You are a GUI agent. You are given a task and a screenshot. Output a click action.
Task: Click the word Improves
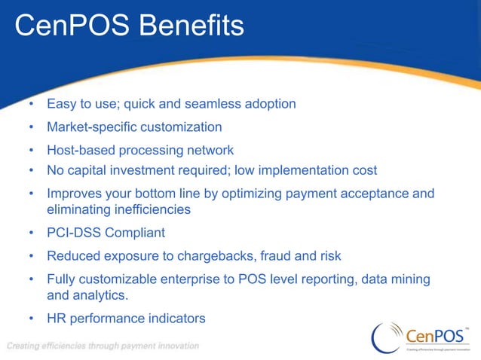coord(75,194)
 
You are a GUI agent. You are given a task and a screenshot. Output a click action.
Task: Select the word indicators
coord(176,319)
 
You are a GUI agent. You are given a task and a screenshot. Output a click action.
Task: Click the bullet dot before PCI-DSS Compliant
coord(32,233)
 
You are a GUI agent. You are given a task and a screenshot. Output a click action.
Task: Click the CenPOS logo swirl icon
coord(387,336)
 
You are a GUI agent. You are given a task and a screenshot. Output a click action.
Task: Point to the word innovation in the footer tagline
coord(176,346)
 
